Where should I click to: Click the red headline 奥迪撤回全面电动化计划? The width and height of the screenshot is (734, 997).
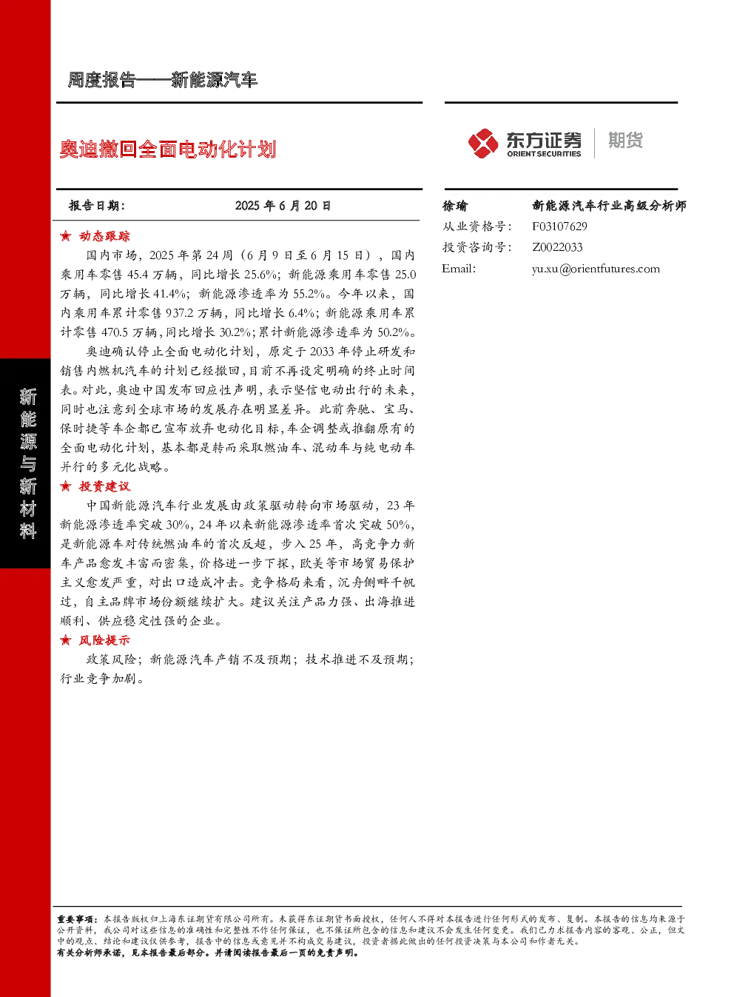(x=168, y=149)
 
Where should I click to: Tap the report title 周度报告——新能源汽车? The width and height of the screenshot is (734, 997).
(x=162, y=80)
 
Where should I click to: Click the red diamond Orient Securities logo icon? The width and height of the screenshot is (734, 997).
(x=483, y=143)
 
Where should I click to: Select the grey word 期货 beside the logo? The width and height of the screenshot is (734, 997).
(x=625, y=140)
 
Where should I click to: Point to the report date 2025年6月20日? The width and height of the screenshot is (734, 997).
(x=283, y=206)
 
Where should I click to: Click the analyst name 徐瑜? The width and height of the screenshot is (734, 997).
(x=454, y=206)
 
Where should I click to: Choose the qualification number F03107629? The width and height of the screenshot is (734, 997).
(x=559, y=226)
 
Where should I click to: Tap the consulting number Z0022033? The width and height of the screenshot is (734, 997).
(x=557, y=247)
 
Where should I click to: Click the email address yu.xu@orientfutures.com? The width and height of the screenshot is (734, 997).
(x=596, y=269)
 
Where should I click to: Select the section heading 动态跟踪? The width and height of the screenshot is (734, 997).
(x=104, y=236)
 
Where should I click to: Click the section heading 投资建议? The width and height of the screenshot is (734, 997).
(x=104, y=486)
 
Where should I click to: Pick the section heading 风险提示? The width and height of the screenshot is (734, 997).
(x=104, y=640)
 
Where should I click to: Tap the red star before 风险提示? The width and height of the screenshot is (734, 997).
(x=66, y=640)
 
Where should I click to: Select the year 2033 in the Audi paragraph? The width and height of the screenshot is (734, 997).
(x=322, y=352)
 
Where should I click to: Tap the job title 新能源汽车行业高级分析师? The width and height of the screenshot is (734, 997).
(x=609, y=206)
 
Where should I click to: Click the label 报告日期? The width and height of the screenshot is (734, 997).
(x=96, y=206)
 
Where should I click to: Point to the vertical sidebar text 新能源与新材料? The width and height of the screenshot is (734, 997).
(x=27, y=463)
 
